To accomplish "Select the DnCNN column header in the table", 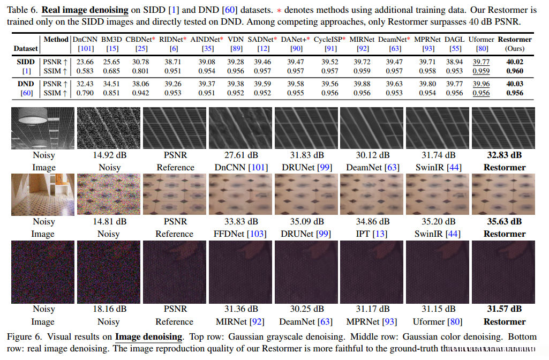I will click(x=85, y=40).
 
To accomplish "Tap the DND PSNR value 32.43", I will click(x=85, y=84).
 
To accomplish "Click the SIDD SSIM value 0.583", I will click(x=85, y=71).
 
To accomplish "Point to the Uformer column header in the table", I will click(x=481, y=40).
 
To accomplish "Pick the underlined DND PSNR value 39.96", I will click(x=481, y=84).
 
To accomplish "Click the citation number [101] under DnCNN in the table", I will click(x=85, y=49).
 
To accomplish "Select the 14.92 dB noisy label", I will click(x=109, y=155).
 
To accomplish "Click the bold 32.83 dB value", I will click(x=504, y=155).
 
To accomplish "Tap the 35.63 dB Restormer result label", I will click(x=504, y=222).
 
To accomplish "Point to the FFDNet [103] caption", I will click(x=240, y=234).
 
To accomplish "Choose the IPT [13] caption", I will click(x=372, y=234).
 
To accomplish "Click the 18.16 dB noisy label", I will click(x=109, y=309).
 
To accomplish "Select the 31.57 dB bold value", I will click(x=504, y=309).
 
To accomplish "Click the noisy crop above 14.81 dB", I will click(x=109, y=194).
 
